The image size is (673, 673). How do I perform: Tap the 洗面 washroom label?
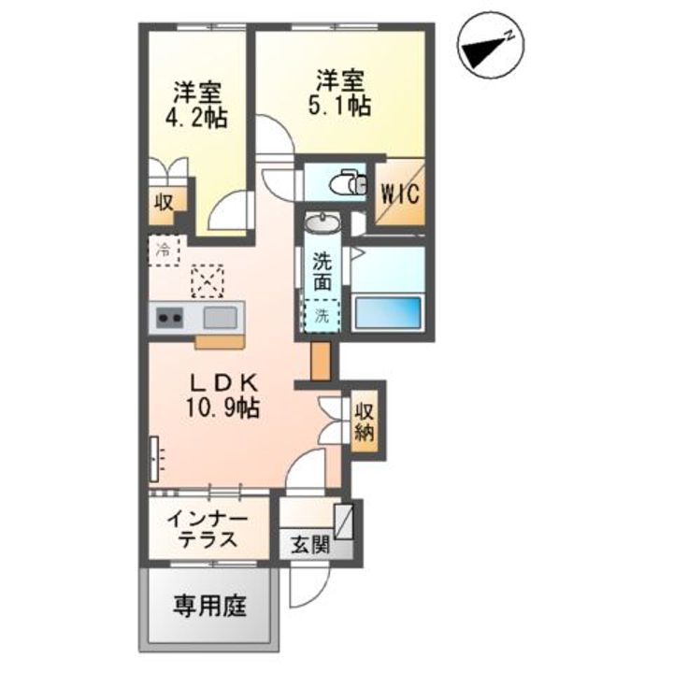pos(322,270)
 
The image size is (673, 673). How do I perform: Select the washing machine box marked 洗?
pos(322,315)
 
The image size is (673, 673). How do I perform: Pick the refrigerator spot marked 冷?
pos(165,250)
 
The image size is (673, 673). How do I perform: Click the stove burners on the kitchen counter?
pos(169,319)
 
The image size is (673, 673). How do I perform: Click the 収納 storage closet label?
pos(365,421)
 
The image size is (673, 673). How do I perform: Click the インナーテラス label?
pos(208,530)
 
